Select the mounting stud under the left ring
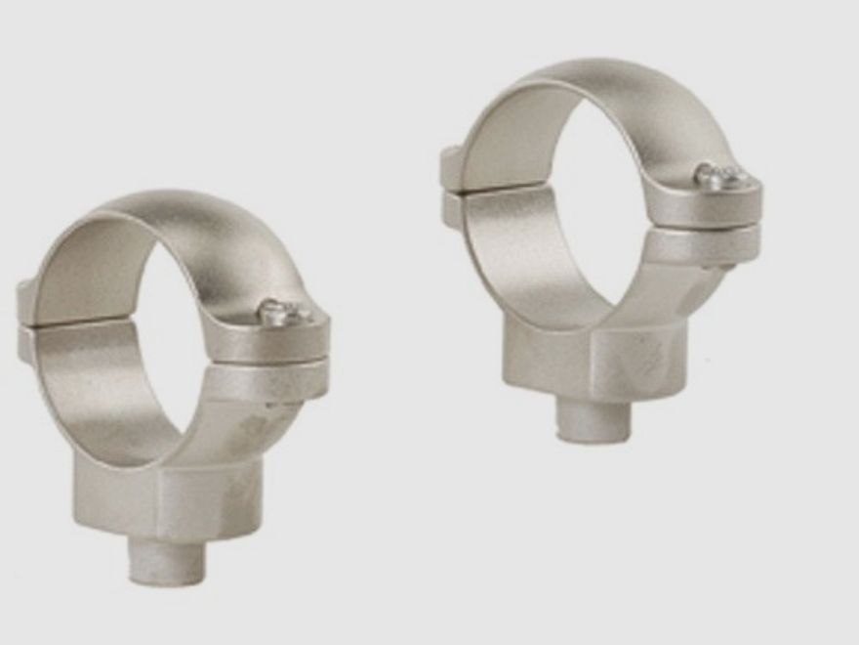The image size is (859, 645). [x=167, y=560]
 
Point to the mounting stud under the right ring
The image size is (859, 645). [x=594, y=417]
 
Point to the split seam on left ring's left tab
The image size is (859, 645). [x=26, y=326]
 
